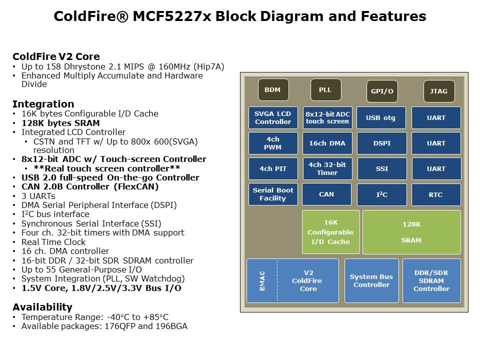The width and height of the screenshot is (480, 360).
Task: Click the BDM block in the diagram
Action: pos(272,90)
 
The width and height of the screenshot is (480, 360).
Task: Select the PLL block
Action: pos(325,90)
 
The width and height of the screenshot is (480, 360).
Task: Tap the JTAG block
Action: pos(439,91)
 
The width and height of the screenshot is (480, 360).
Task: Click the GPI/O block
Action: pos(382,91)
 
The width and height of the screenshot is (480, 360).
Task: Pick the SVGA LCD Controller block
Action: pos(273,117)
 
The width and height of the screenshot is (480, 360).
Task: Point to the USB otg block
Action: pos(381,117)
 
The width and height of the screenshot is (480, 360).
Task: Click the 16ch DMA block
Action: pos(327,143)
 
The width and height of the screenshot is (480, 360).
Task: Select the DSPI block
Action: pos(381,143)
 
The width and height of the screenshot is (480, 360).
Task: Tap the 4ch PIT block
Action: pos(273,168)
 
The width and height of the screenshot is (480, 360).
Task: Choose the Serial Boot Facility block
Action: pos(273,194)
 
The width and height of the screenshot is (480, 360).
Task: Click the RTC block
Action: pos(436,194)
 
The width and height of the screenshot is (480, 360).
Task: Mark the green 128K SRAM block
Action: pos(411,232)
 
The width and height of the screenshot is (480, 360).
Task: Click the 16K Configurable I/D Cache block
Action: pos(330,232)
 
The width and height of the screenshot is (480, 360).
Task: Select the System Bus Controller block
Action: pos(371,280)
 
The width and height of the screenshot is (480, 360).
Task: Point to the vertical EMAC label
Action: pos(262,280)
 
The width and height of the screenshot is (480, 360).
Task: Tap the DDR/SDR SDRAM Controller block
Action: pos(431,280)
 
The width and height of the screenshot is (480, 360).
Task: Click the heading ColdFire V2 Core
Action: pos(56,56)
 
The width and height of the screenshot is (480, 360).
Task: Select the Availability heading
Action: pos(42,307)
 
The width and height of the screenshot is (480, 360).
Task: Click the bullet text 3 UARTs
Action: pos(38,195)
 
